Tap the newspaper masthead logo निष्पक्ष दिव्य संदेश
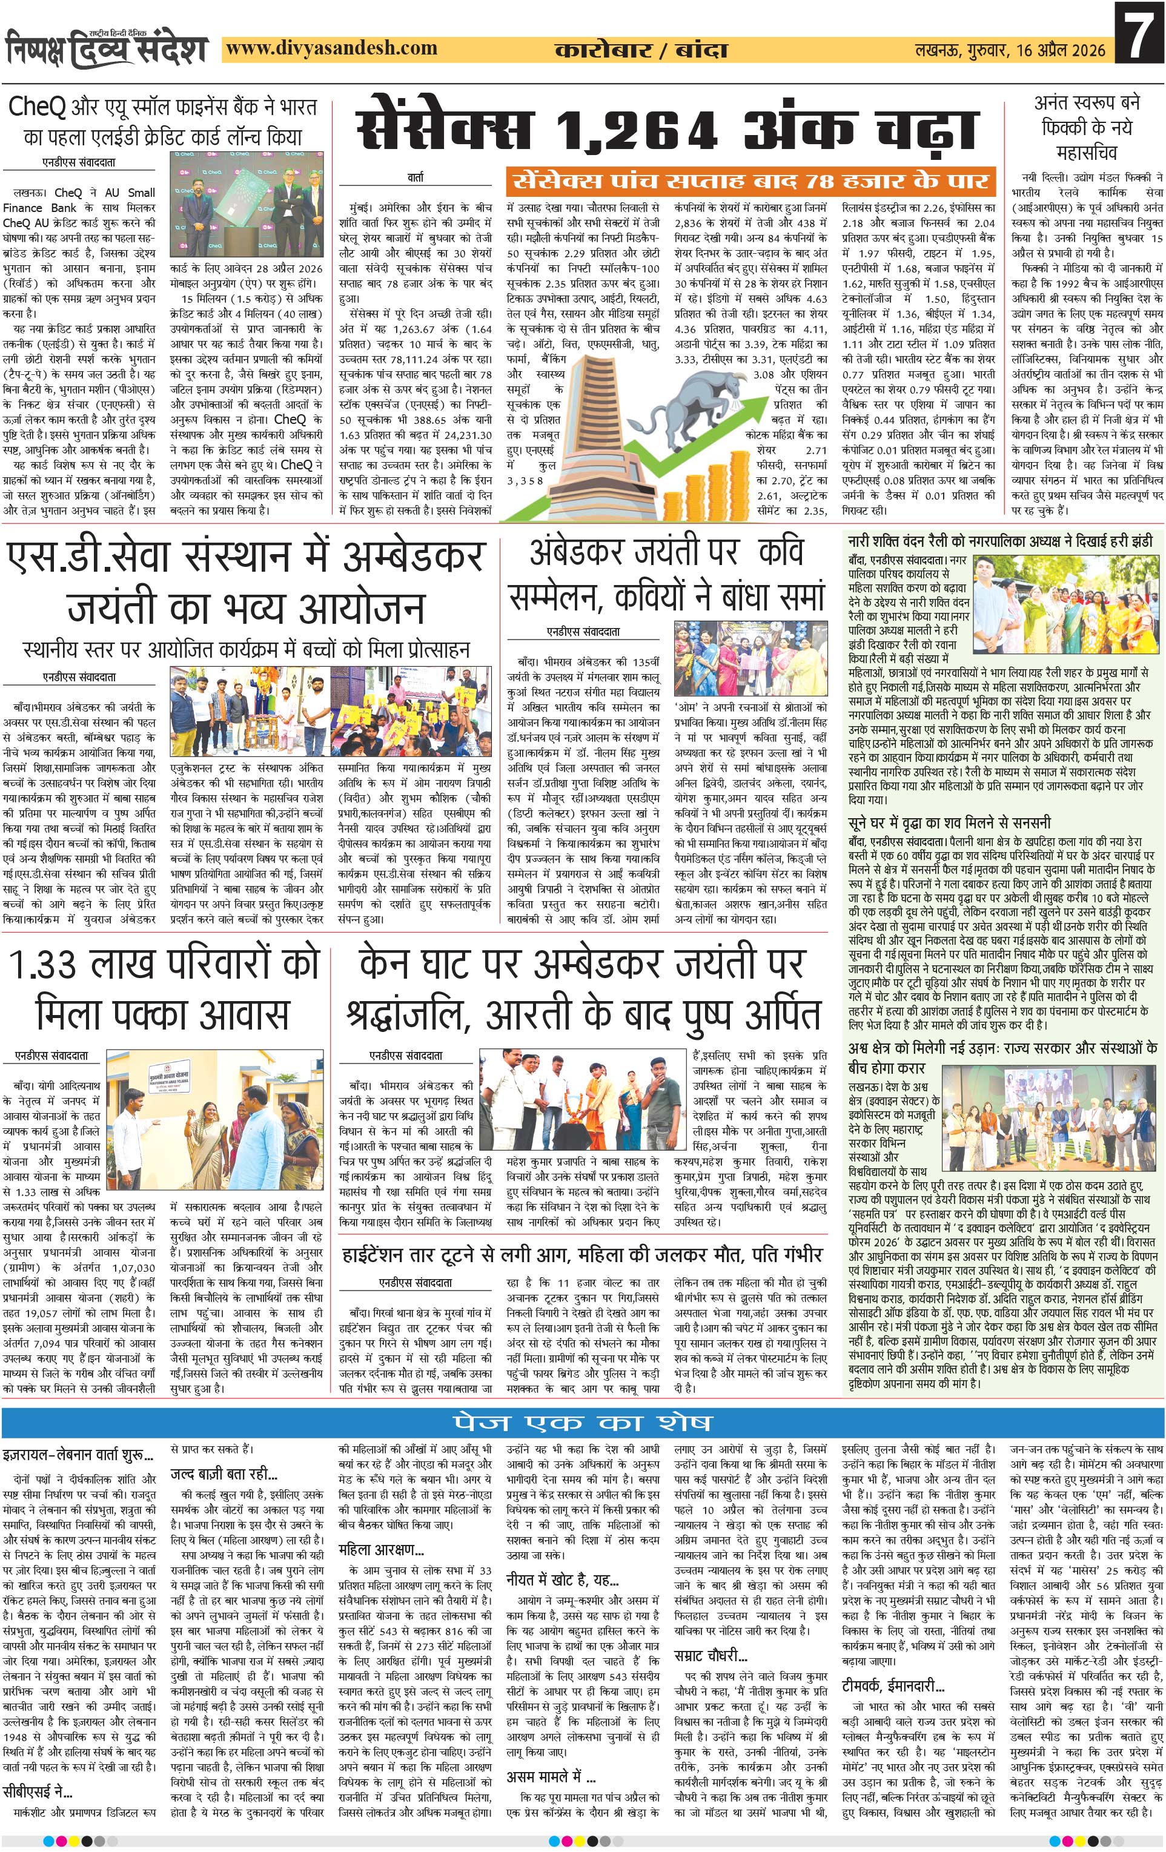[x=107, y=48]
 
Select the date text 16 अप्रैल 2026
[x=1058, y=51]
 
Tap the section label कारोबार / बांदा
[x=641, y=51]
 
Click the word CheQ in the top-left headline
[x=38, y=108]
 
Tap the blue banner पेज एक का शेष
[x=581, y=1422]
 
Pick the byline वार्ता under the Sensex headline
[x=416, y=177]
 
